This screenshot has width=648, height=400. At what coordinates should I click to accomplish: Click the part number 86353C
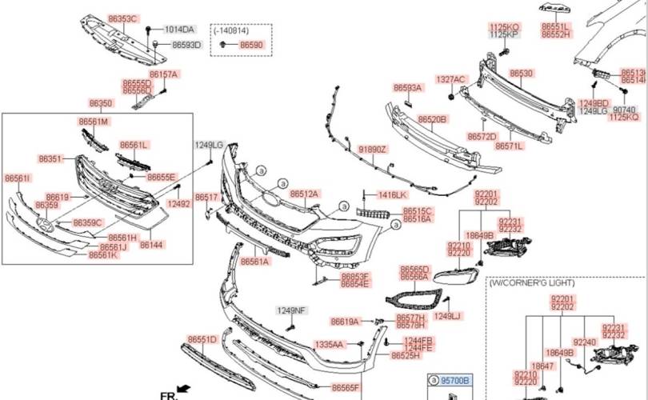[x=122, y=18]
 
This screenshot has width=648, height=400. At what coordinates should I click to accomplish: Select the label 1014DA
[x=178, y=30]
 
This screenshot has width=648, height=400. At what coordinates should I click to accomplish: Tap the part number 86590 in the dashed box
[x=251, y=46]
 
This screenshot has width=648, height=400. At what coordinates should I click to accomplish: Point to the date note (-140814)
[x=232, y=30]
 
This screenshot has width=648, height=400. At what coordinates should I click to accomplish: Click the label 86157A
[x=164, y=74]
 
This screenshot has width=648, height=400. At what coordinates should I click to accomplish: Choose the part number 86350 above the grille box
[x=101, y=104]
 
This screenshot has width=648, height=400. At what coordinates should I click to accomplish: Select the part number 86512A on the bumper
[x=304, y=194]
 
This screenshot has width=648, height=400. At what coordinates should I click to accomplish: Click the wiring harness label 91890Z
[x=372, y=150]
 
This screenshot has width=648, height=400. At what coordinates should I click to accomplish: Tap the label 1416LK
[x=393, y=194]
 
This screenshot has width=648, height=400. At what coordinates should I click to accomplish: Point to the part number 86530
[x=521, y=73]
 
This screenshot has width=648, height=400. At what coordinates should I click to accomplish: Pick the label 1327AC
[x=450, y=79]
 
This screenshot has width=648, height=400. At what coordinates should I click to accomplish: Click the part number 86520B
[x=432, y=119]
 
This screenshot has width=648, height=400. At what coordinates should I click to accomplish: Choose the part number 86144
[x=151, y=246]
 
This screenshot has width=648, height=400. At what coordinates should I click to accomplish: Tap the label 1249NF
[x=291, y=310]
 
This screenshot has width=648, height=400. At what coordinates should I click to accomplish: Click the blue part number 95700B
[x=454, y=380]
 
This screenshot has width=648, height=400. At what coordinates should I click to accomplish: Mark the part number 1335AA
[x=328, y=345]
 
